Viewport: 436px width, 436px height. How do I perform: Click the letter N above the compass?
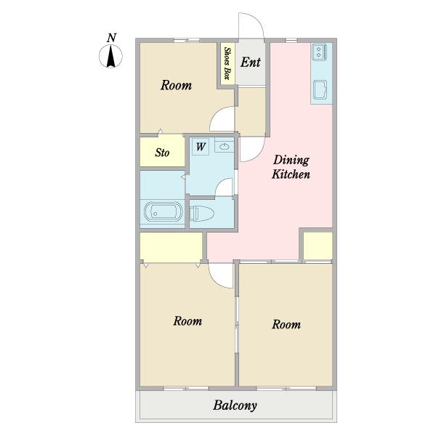[x=111, y=38]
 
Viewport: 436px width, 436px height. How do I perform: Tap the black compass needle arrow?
[x=111, y=57]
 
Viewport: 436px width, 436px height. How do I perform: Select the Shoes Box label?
[x=227, y=64]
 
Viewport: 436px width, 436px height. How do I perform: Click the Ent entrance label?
[x=251, y=62]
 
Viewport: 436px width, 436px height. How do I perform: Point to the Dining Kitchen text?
[x=291, y=167]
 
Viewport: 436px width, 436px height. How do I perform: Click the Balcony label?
[x=235, y=405]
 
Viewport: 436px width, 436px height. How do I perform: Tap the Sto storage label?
[x=162, y=153]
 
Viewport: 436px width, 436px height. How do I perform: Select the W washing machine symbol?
[x=201, y=147]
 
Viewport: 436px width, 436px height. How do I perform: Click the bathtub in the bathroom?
[x=163, y=212]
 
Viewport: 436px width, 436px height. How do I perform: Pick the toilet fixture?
[x=201, y=214]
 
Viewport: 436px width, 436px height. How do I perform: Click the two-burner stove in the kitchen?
[x=320, y=52]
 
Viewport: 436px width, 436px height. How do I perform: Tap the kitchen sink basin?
[x=321, y=89]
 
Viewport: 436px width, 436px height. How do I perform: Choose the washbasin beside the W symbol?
[x=224, y=147]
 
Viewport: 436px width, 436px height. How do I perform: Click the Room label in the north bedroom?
[x=177, y=85]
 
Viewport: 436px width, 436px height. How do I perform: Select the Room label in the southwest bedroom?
[x=187, y=321]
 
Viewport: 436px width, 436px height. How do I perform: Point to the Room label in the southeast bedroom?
[x=286, y=325]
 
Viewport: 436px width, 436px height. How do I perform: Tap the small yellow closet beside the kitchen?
[x=318, y=246]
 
